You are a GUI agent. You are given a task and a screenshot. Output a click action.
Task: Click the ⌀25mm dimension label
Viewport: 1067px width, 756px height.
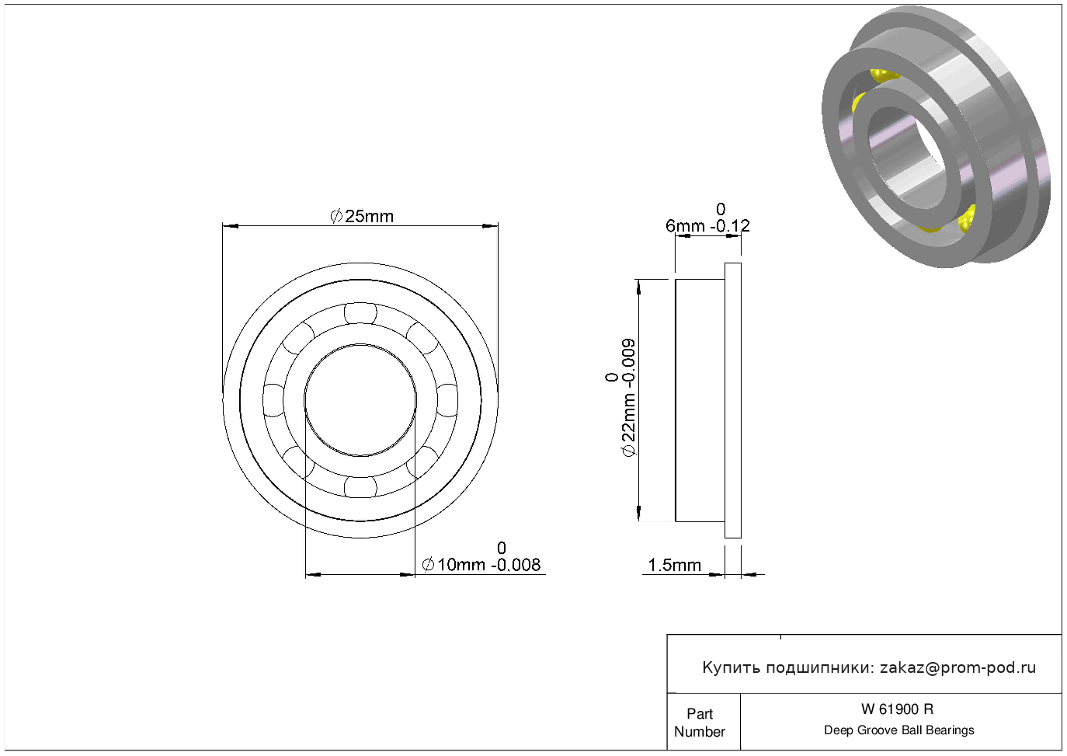pyautogui.click(x=362, y=217)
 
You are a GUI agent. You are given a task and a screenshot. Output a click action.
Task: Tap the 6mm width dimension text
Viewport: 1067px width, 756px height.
pyautogui.click(x=685, y=225)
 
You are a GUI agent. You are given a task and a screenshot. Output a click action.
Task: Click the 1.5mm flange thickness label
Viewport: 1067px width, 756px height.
pyautogui.click(x=675, y=566)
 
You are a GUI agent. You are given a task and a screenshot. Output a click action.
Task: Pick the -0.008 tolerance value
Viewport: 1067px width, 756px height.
pyautogui.click(x=516, y=565)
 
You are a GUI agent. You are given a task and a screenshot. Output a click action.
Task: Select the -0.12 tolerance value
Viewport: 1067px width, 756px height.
pyautogui.click(x=730, y=225)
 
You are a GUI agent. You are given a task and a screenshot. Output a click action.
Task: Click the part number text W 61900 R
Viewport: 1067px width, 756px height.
pyautogui.click(x=897, y=709)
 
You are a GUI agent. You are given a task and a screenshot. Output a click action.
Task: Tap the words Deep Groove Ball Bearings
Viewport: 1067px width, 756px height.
pyautogui.click(x=898, y=730)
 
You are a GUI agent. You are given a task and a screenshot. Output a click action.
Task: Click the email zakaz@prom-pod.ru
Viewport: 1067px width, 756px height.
pyautogui.click(x=958, y=668)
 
